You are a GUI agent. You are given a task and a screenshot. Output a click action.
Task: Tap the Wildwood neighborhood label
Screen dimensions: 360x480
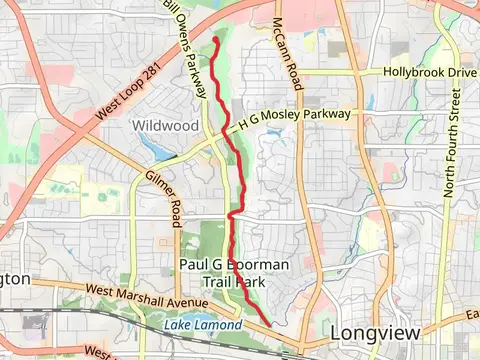(x=159, y=125)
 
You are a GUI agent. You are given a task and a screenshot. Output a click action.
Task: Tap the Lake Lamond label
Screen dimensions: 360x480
(x=203, y=325)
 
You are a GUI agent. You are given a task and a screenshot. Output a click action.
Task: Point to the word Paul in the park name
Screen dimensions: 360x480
(x=195, y=264)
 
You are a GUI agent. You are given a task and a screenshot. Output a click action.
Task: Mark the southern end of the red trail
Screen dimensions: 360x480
(x=271, y=325)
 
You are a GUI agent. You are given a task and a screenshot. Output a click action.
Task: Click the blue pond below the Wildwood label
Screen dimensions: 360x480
(x=158, y=148)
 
